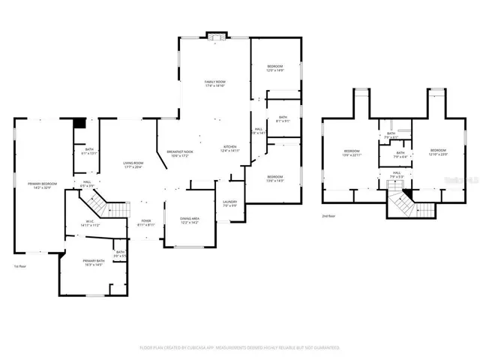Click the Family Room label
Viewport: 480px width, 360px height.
(x=215, y=84)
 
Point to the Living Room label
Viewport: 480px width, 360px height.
(x=133, y=164)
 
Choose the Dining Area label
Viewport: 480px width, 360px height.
(x=189, y=220)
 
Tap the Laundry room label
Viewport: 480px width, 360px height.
(x=229, y=204)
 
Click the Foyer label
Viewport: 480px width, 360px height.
(x=145, y=223)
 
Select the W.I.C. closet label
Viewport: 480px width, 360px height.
(x=88, y=223)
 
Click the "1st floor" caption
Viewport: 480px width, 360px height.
(x=20, y=266)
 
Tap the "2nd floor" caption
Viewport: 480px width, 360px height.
(x=329, y=215)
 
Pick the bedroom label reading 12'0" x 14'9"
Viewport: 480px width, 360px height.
(x=276, y=69)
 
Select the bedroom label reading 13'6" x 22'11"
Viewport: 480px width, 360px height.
(x=352, y=153)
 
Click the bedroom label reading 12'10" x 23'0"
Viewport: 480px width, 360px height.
(x=438, y=151)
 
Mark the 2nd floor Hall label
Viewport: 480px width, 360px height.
(x=397, y=175)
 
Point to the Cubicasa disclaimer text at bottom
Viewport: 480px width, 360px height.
(x=240, y=348)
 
